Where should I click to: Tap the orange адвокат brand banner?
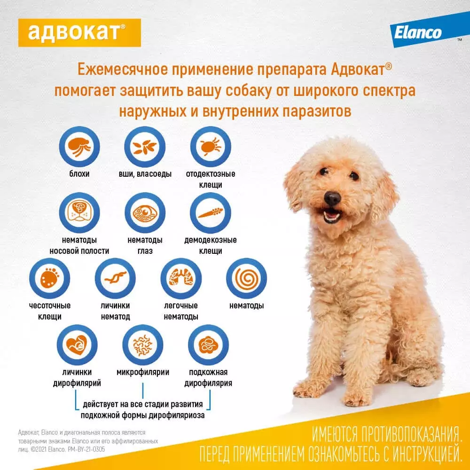(x=79, y=33)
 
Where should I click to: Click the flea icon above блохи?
(x=79, y=147)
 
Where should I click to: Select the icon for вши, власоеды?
(x=145, y=147)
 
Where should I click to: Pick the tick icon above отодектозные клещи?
(x=211, y=147)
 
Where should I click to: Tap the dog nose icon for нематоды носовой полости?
(x=79, y=212)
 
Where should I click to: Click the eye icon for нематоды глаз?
(x=145, y=212)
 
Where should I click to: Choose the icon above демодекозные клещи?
(x=211, y=212)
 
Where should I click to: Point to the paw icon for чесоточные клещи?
(x=49, y=278)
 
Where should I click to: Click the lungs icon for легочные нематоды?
(x=181, y=278)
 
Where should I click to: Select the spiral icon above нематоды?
(x=246, y=278)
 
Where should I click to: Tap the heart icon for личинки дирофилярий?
(x=77, y=345)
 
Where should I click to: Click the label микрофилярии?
(x=143, y=372)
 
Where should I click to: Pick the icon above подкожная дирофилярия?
(x=208, y=345)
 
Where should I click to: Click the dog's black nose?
(x=332, y=198)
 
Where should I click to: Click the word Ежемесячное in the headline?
(x=123, y=70)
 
